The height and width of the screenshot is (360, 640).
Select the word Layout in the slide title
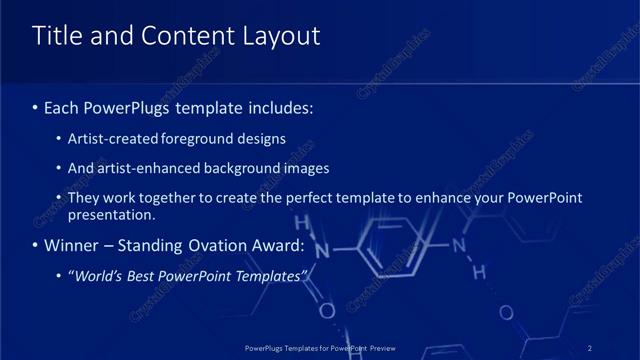279,36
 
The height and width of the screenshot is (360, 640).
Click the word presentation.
110,214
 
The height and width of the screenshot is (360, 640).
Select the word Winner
73,245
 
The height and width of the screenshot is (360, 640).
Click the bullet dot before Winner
36,245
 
